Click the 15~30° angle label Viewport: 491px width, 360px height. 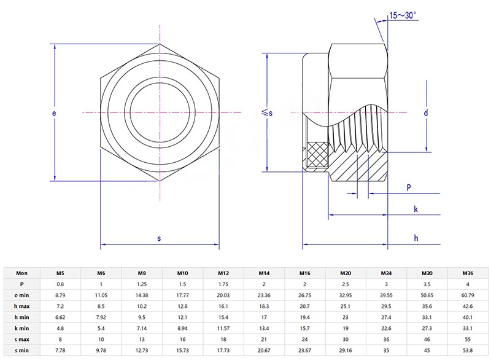pyautogui.click(x=406, y=17)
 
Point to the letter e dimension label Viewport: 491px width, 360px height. pyautogui.click(x=54, y=114)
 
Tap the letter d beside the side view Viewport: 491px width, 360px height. pyautogui.click(x=425, y=113)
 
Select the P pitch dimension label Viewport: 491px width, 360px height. pyautogui.click(x=408, y=187)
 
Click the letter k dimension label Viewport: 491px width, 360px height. pyautogui.click(x=416, y=209)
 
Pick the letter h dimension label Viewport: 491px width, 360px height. pyautogui.click(x=416, y=238)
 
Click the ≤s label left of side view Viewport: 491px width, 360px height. pyautogui.click(x=267, y=112)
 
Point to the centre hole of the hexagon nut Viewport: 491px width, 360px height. pyautogui.click(x=160, y=112)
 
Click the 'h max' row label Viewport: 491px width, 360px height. pyautogui.click(x=21, y=306)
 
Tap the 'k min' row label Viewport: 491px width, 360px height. pyautogui.click(x=21, y=328)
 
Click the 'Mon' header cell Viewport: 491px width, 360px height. pyautogui.click(x=21, y=273)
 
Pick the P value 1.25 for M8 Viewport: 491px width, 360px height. pyautogui.click(x=142, y=284)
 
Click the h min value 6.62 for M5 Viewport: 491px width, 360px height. pyautogui.click(x=60, y=317)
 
